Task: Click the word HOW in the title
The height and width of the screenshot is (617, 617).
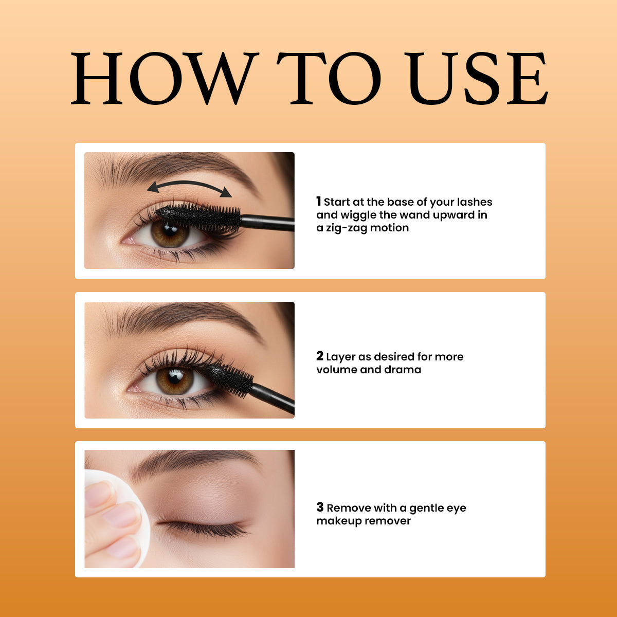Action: click(164, 78)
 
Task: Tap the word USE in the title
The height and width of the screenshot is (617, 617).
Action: click(478, 78)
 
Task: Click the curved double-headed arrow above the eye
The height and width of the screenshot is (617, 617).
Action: click(189, 187)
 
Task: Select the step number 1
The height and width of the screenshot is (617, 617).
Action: click(319, 202)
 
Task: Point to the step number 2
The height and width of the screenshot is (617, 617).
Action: click(320, 356)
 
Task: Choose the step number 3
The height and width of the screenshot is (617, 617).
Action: click(320, 507)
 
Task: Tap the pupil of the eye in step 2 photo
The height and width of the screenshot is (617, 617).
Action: click(175, 380)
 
